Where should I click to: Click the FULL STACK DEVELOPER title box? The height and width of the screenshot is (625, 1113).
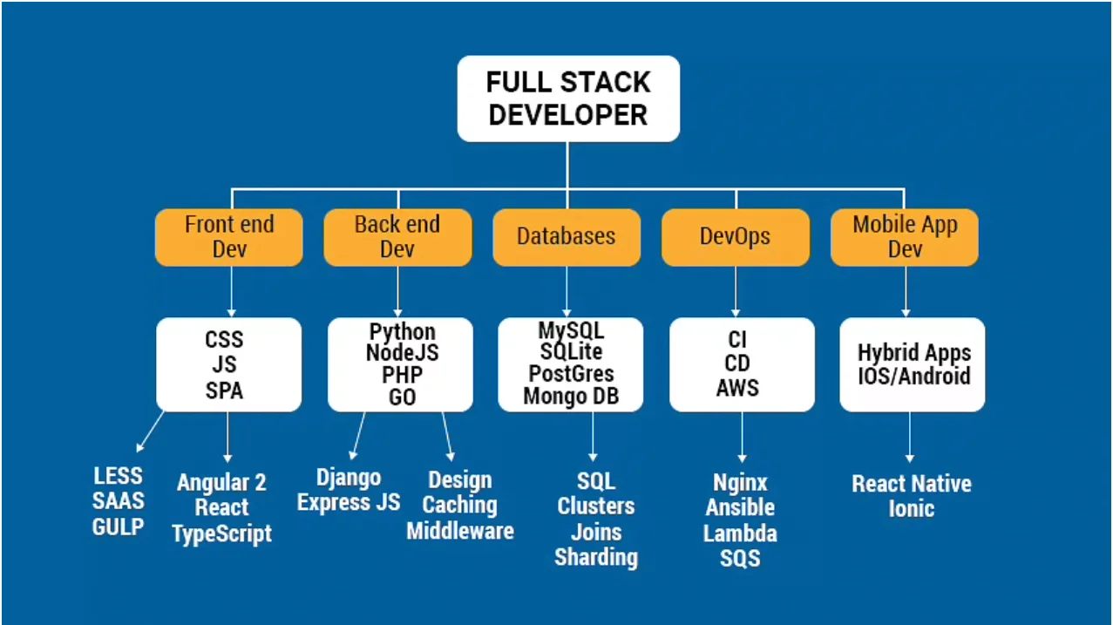point(567,99)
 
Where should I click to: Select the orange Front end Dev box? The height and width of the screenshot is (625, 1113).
point(229,237)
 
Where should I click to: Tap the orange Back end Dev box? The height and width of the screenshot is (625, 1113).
point(397,237)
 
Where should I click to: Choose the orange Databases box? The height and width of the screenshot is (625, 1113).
point(567,237)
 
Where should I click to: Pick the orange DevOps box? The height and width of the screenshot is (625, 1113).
point(735,237)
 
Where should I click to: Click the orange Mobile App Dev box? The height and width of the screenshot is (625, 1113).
point(905,237)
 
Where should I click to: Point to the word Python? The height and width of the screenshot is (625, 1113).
point(402,332)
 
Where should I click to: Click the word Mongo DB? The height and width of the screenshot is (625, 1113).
point(569,397)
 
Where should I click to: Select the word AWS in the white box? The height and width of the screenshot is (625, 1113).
point(737,388)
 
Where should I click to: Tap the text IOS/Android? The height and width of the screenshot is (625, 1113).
point(913,377)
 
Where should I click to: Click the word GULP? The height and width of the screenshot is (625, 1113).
point(119,526)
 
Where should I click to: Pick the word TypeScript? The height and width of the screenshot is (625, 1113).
point(221,533)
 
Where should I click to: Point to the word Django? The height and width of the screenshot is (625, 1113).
point(349,478)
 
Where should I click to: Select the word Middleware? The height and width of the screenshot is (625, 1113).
point(459,530)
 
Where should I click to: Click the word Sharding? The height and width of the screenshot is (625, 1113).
point(596,557)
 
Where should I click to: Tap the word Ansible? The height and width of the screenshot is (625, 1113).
point(740,507)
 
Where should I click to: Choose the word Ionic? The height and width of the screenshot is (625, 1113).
point(911,509)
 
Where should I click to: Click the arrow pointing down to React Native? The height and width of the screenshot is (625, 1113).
point(909,436)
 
